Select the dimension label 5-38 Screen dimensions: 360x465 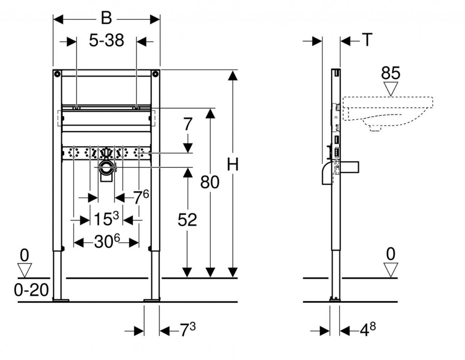106,41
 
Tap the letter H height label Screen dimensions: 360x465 232,165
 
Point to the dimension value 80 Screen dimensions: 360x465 210,182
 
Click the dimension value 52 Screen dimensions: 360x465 187,220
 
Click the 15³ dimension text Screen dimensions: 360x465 107,220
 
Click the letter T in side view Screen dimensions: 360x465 366,41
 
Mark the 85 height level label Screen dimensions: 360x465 390,73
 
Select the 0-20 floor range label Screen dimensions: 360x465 31,290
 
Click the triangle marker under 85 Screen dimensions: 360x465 390,89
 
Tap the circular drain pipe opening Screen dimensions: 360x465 107,168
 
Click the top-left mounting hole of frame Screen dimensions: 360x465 57,74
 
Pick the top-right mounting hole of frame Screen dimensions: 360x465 156,74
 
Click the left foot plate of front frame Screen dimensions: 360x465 60,300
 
